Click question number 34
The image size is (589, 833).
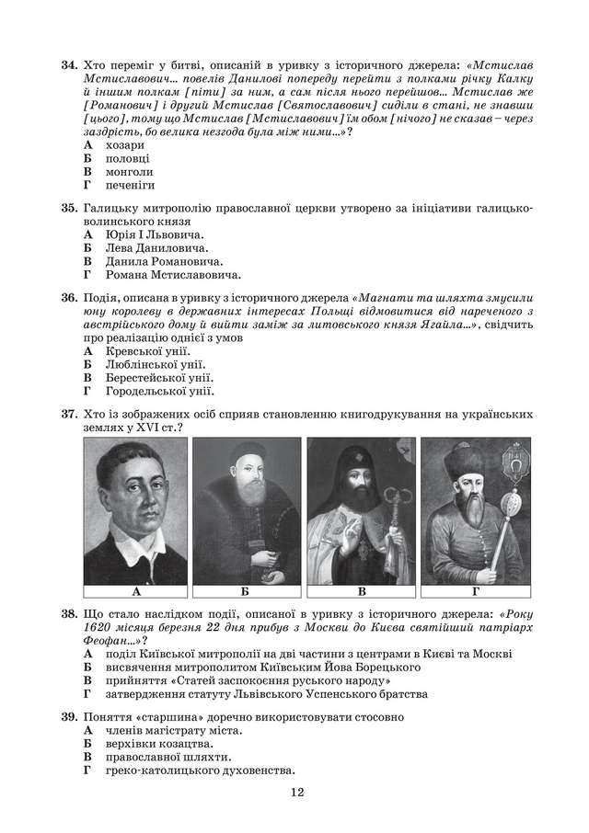(x=69, y=66)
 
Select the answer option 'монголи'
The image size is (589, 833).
(x=130, y=172)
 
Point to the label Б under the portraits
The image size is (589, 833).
(x=248, y=592)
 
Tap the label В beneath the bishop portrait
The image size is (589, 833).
(x=362, y=592)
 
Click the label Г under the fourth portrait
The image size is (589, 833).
(x=475, y=592)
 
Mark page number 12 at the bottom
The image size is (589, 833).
(x=294, y=792)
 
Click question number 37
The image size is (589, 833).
(x=69, y=415)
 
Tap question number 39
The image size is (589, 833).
(x=69, y=715)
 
